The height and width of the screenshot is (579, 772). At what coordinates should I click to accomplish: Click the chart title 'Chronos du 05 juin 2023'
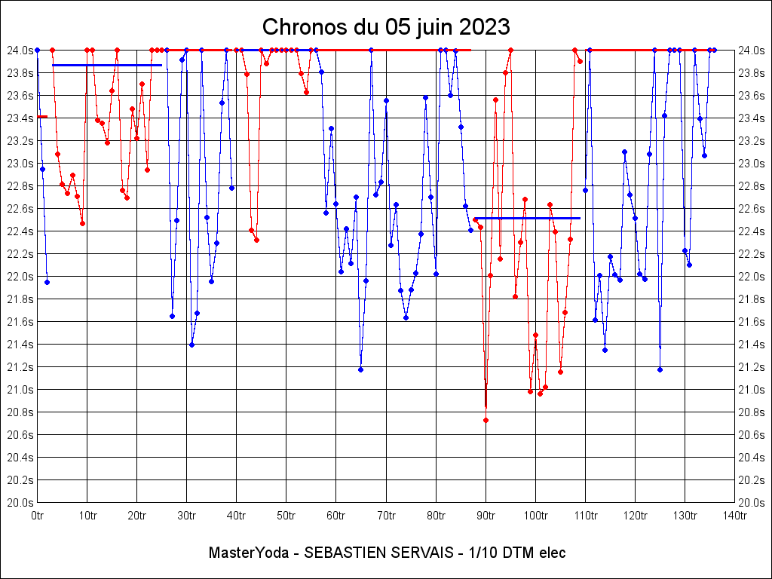coord(386,27)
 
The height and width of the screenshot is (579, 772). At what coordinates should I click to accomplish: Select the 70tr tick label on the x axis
coord(386,516)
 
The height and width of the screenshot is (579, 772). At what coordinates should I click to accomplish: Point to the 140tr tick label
coord(735,516)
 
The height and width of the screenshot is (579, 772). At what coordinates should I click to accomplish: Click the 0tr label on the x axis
coord(37,516)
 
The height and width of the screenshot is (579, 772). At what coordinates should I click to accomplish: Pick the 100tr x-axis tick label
coord(535,516)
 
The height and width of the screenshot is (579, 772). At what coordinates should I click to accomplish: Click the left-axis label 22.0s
coord(20,276)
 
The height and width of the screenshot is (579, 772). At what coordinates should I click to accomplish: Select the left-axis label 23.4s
coord(20,118)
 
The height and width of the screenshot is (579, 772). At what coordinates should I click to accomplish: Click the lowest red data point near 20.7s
coord(486,420)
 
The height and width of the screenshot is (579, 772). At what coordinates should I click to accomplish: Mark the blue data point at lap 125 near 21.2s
coord(660,369)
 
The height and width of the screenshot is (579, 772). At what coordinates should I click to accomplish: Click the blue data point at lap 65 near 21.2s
coord(360,369)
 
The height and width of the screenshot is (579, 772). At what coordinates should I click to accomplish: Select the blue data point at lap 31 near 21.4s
coord(191,345)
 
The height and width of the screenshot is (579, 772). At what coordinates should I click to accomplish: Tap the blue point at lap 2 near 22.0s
coord(47,282)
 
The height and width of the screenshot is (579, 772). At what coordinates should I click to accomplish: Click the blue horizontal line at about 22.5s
coord(528,218)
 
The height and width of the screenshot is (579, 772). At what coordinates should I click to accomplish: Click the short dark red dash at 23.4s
coord(42,117)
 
